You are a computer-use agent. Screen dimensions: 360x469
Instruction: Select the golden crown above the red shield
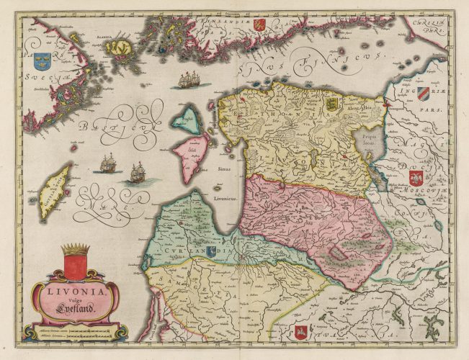click(x=74, y=250)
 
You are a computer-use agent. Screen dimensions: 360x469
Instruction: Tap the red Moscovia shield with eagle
click(x=416, y=177)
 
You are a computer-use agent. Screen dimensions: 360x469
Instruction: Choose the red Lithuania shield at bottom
click(x=301, y=331)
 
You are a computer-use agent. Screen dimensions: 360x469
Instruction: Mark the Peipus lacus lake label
click(x=370, y=139)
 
